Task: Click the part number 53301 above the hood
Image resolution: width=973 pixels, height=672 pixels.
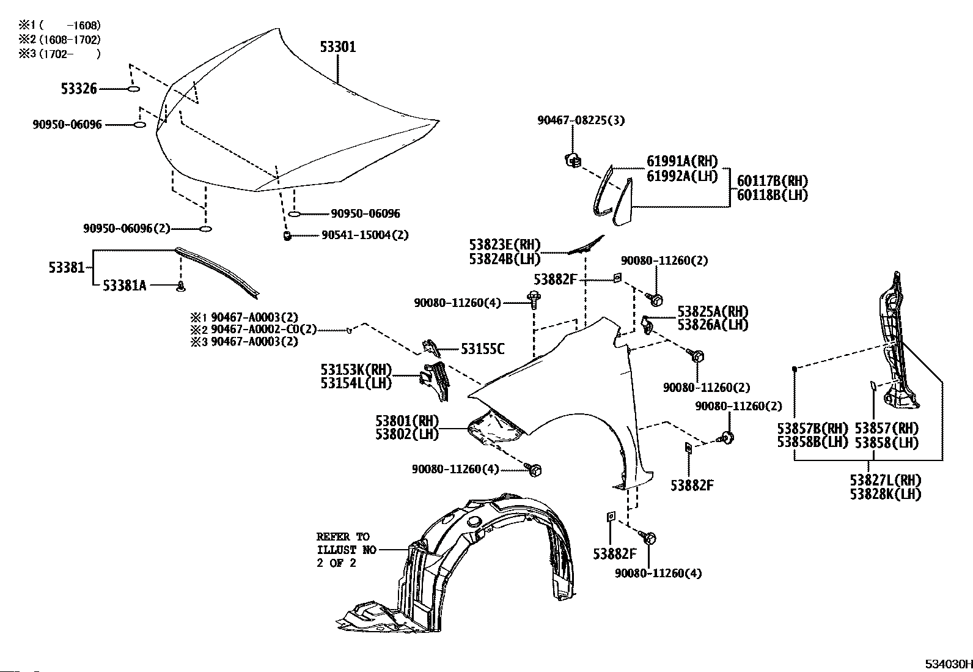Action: [338, 46]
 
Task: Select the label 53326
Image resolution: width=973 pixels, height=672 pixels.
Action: [79, 89]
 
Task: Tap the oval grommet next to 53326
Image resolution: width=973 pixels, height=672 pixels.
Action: [133, 89]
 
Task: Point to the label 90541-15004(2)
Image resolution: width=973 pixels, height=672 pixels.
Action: [365, 235]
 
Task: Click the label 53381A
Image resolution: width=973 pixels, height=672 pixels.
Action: [124, 286]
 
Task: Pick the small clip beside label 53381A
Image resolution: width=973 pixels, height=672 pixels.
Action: [181, 286]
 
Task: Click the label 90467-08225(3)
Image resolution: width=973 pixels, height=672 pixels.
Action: [581, 120]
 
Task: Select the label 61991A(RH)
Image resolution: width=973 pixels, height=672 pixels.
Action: [682, 161]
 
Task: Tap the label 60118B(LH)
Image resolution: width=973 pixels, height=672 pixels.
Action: [773, 195]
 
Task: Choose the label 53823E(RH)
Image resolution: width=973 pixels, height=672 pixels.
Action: [504, 245]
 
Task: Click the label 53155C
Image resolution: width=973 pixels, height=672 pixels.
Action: [483, 349]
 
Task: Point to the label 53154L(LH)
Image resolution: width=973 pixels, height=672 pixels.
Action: [356, 383]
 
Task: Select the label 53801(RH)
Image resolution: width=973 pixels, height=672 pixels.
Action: [407, 421]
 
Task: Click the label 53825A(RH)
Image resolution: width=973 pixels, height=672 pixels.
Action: [713, 312]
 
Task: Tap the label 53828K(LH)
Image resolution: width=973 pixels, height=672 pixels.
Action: [885, 494]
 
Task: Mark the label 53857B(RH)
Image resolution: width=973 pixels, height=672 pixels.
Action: [812, 429]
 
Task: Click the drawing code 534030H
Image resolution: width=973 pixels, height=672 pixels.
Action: [949, 664]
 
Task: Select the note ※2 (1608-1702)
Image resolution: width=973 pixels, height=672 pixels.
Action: [59, 40]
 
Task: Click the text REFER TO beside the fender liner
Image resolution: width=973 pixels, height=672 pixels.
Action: [343, 536]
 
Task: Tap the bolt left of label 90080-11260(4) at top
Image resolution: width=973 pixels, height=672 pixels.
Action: [534, 300]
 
